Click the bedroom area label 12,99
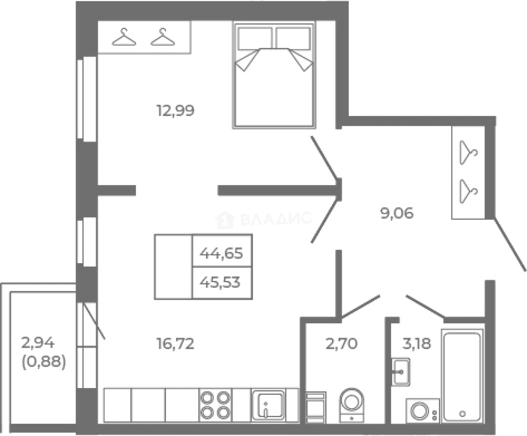[175, 111]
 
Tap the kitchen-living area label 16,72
[175, 344]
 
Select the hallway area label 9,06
[397, 214]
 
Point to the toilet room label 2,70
[341, 344]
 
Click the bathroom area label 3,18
[416, 344]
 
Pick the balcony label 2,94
[38, 343]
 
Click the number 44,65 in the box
[221, 254]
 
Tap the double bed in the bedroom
[274, 76]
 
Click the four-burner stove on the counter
[215, 404]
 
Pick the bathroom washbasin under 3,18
[401, 371]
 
